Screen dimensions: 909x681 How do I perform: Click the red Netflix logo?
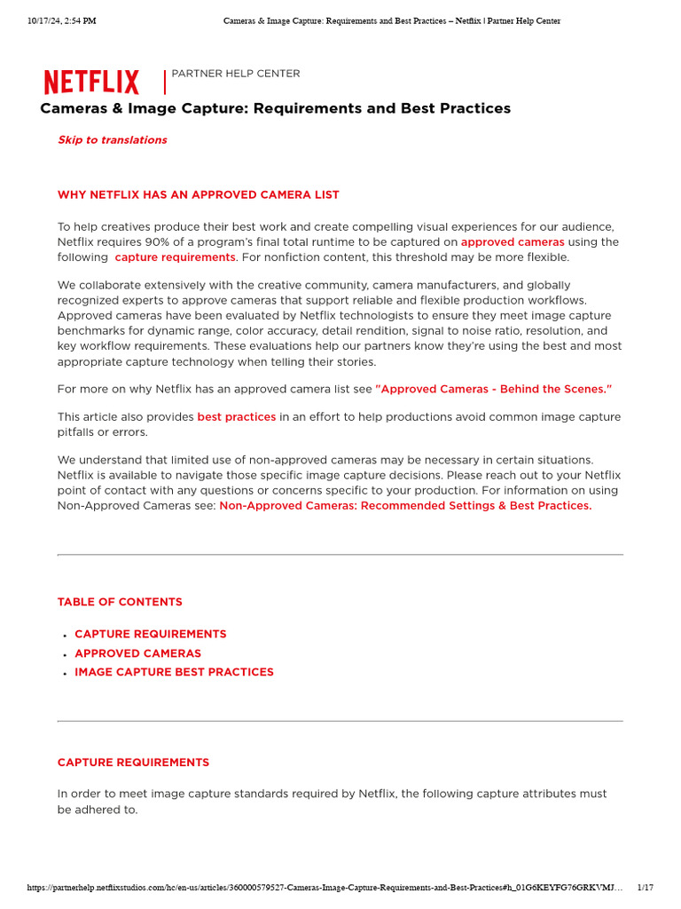91,83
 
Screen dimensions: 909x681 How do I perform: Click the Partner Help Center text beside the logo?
235,74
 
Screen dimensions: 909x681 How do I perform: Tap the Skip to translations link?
112,139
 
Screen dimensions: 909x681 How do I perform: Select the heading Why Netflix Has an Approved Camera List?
198,194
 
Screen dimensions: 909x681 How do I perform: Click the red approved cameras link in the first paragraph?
513,241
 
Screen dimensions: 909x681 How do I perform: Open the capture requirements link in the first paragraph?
175,257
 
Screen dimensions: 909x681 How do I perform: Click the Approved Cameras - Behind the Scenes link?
494,389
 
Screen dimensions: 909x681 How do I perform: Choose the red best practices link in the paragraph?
236,416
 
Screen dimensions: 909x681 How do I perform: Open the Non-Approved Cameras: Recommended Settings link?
405,505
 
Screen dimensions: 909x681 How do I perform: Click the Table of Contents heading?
120,602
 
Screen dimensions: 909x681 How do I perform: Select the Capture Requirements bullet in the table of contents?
150,634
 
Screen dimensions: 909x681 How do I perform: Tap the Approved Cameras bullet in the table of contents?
137,653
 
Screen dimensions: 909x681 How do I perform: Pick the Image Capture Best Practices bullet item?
174,672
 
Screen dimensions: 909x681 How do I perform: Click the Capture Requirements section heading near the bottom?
133,763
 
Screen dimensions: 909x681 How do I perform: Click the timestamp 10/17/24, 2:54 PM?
61,20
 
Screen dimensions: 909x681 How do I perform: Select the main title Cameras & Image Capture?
275,108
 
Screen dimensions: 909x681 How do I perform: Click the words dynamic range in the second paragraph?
168,330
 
